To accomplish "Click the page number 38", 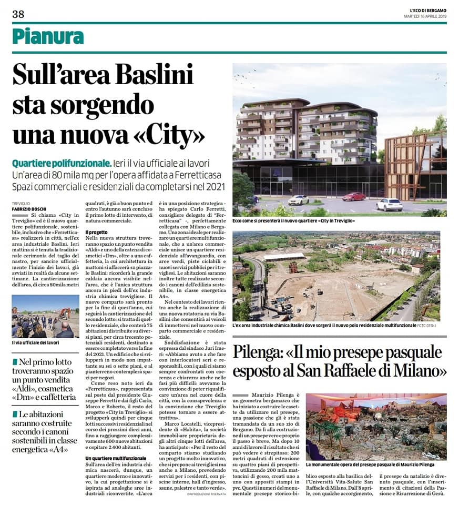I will tap(18, 14).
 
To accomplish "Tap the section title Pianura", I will tap(48, 36).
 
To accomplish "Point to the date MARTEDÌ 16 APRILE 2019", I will tap(421, 16).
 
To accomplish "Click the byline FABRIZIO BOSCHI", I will tap(27, 208).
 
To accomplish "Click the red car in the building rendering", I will tap(354, 197).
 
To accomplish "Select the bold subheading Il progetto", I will tap(96, 231).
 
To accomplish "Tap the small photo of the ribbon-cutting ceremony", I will tap(45, 316).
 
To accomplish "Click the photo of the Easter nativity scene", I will tap(376, 427).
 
